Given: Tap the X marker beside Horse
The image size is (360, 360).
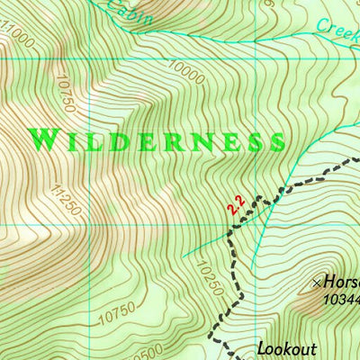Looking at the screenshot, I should coord(316,282).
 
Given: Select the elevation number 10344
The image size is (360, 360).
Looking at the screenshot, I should coord(340,298).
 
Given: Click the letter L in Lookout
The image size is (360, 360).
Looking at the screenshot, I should coord(262,348).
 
